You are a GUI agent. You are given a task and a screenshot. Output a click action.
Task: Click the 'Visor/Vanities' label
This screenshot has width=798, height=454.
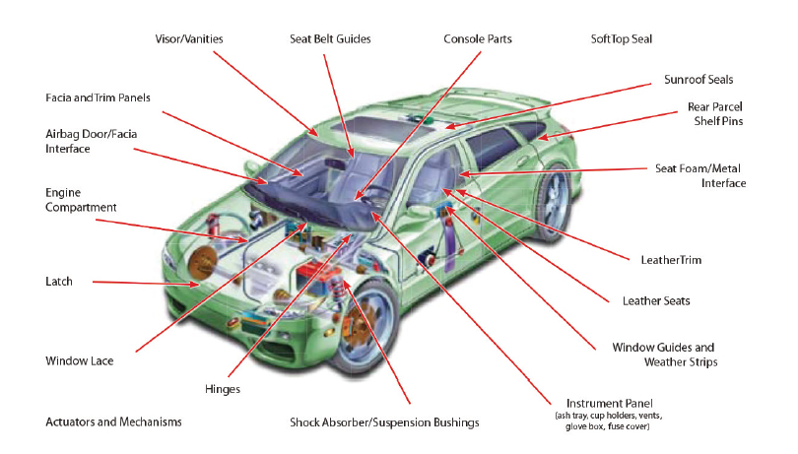coord(189,38)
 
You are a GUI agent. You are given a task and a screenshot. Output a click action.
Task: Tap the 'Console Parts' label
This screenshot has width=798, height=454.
coord(478,38)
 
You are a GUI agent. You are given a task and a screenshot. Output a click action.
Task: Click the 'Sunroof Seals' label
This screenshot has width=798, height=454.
coord(698,79)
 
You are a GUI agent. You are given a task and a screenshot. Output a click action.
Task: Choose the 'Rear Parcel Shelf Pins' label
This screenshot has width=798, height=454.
coord(714,113)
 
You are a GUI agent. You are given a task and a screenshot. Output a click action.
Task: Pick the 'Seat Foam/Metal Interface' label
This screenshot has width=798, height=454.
coord(700,175)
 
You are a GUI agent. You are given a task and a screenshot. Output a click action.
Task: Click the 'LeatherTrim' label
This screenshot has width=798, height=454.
coord(669,260)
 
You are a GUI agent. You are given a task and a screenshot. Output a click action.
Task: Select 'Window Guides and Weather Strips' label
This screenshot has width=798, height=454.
coord(663,355)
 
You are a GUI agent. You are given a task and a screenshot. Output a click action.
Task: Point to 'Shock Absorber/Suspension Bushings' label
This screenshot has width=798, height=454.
coord(384,422)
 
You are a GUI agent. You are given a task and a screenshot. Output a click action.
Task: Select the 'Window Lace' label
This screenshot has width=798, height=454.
coord(80,360)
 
